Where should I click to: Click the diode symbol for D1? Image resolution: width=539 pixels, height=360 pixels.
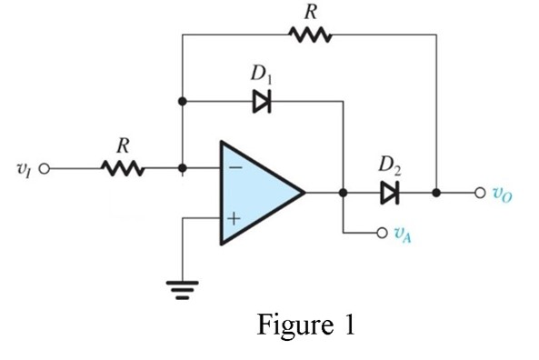262,102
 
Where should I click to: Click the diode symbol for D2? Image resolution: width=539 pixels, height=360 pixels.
390,193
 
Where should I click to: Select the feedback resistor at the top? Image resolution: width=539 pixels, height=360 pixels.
310,35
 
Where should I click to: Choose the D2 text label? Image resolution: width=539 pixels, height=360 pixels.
390,166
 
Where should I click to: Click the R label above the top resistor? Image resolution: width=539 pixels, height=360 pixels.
310,11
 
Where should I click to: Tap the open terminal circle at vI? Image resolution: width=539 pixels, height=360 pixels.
42,168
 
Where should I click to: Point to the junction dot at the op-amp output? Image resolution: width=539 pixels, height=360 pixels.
343,193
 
